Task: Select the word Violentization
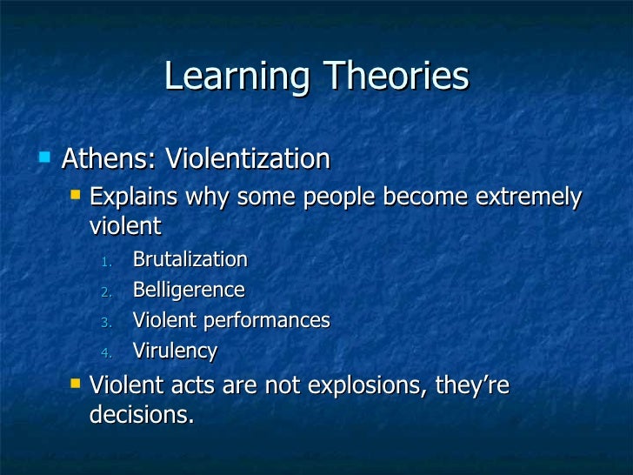tap(248, 159)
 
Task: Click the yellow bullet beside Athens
tap(44, 157)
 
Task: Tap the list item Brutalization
tap(190, 259)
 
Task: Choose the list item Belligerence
tap(189, 290)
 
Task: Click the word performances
tap(266, 320)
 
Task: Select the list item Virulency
tap(175, 351)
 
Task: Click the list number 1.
tap(106, 261)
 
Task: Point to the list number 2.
tap(106, 291)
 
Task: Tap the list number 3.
tap(106, 322)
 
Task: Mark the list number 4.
tap(106, 352)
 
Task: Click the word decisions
tap(141, 414)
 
